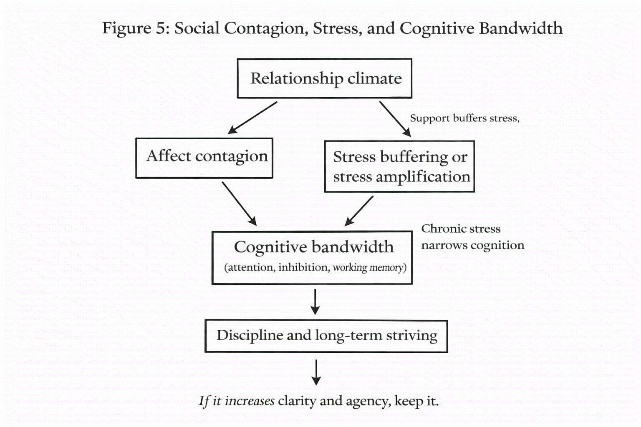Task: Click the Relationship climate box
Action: (324, 78)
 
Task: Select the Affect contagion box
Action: (204, 158)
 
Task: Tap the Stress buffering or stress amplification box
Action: (399, 166)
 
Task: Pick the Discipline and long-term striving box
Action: (326, 336)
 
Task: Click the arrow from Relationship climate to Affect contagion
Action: (253, 118)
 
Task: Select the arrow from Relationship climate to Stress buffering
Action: (395, 119)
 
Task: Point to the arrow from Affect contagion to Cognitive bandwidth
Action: (239, 203)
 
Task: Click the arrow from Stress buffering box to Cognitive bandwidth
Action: (359, 211)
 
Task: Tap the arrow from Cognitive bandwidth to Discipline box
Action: (315, 301)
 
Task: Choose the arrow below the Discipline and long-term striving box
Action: (316, 372)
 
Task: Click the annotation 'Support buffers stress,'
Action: (464, 118)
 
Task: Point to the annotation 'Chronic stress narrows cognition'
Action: (472, 237)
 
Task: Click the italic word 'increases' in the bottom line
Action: (250, 401)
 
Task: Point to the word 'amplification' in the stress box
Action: (423, 177)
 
